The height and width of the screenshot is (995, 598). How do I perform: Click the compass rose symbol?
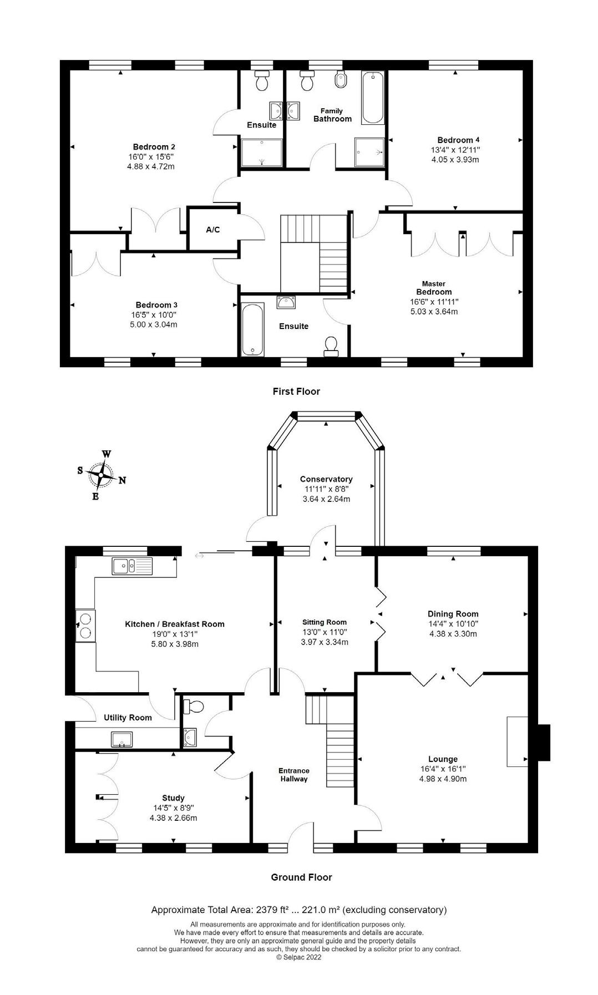pos(102,475)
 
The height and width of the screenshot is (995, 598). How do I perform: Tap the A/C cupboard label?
pos(213,230)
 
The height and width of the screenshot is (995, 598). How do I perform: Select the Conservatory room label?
pos(326,479)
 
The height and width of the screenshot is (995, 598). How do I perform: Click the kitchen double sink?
pos(132,566)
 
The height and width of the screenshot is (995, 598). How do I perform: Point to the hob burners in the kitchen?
pos(85,625)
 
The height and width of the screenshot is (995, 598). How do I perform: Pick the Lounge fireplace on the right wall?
pos(517,742)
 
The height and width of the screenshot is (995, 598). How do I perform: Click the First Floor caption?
pos(296,392)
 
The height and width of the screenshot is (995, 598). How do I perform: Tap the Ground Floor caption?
pos(301,877)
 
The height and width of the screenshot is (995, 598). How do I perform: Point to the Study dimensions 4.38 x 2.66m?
pos(173,818)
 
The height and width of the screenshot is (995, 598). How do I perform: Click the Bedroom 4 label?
pos(455,140)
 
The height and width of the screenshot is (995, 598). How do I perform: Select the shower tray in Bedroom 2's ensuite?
pos(261,153)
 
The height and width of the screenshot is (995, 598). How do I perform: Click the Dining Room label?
pos(453,614)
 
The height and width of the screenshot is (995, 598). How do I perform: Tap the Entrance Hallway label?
pos(294,774)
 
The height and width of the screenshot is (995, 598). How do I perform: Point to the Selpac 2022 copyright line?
pos(299,957)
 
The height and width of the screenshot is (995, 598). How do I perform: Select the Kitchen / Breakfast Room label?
pos(175,624)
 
